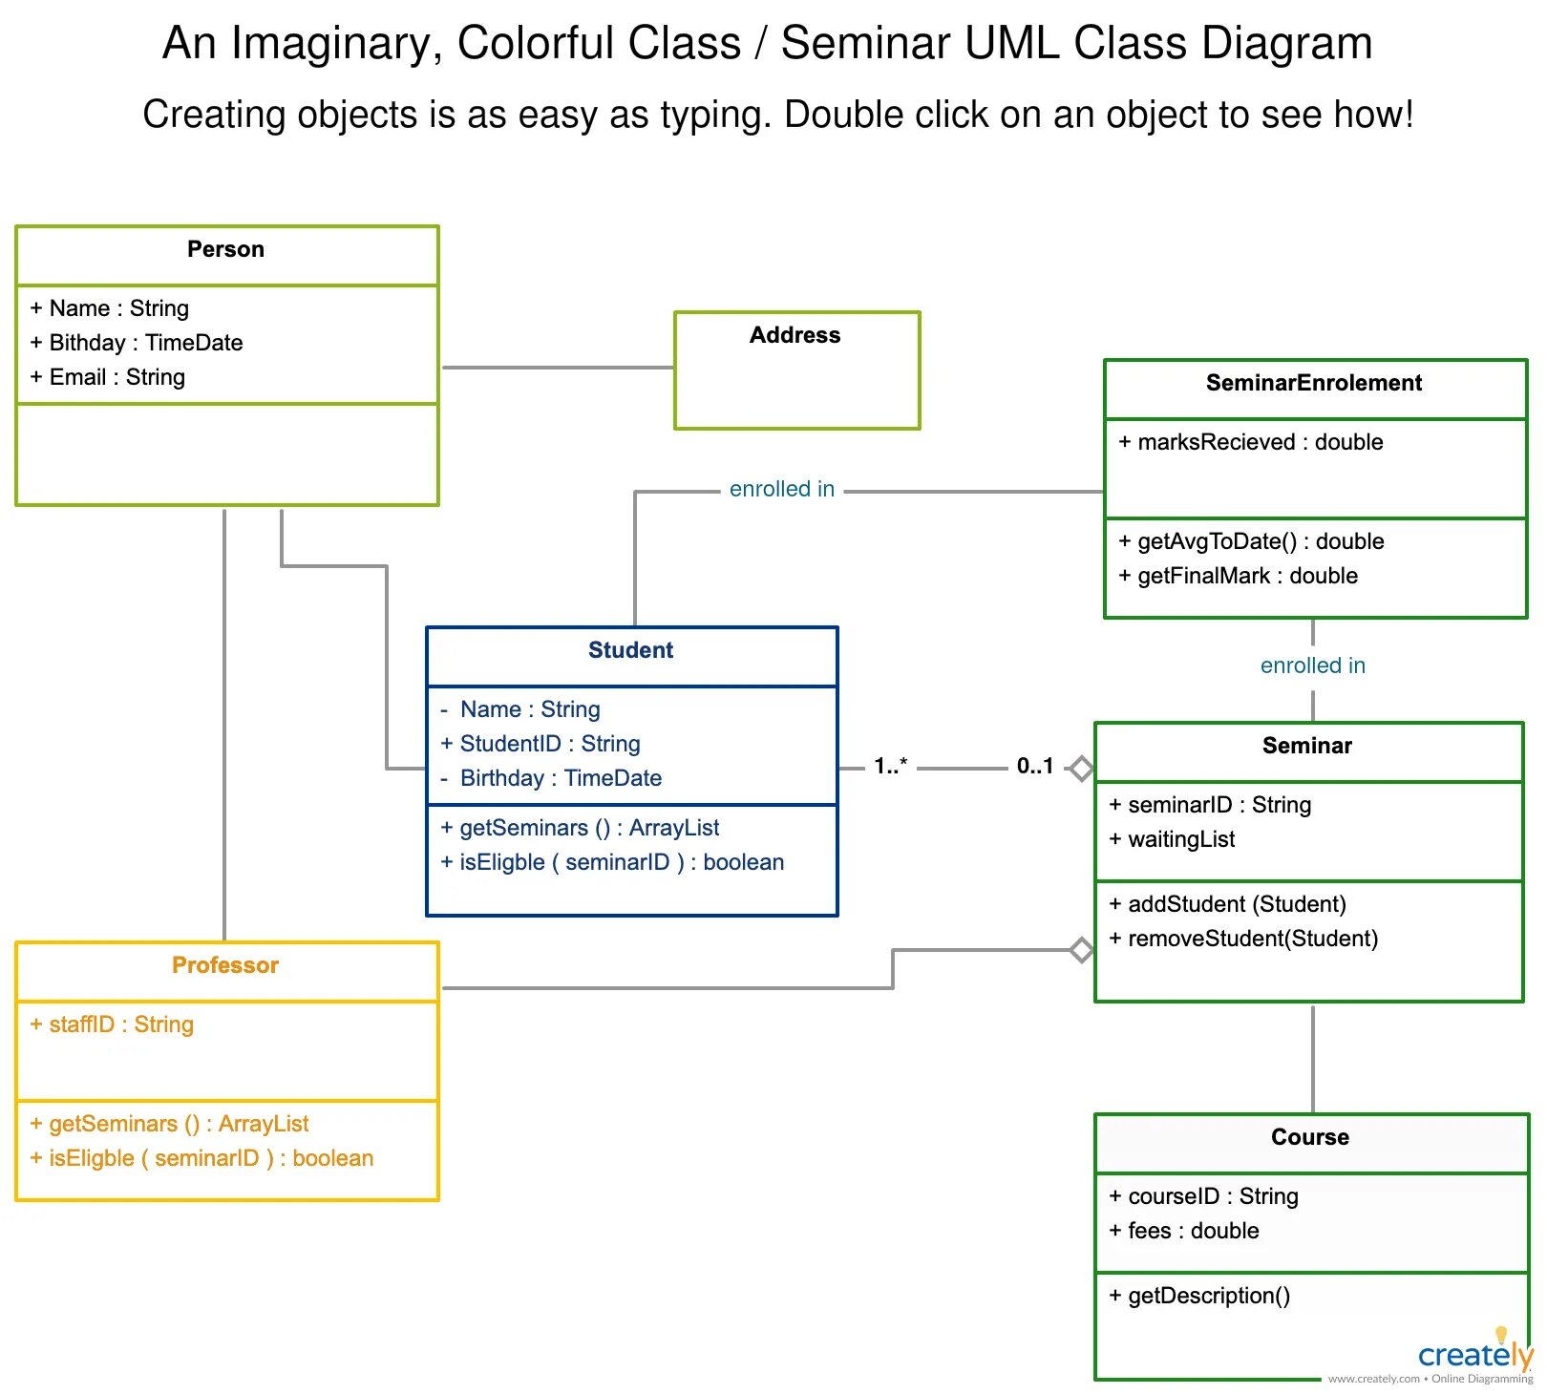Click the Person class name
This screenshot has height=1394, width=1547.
click(x=225, y=250)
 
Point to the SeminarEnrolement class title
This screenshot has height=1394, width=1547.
click(x=1313, y=384)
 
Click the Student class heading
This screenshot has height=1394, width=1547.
click(x=630, y=651)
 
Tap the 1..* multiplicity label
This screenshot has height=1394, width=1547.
click(x=890, y=766)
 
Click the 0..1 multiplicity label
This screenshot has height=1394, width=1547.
click(x=1034, y=766)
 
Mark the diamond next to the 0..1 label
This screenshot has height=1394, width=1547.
click(x=1081, y=768)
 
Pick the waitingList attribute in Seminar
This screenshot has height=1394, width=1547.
click(x=1180, y=839)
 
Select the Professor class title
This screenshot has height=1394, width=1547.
click(x=225, y=966)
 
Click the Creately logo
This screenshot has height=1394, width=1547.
click(x=1474, y=1354)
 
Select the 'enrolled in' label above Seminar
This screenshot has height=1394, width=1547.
click(x=1312, y=666)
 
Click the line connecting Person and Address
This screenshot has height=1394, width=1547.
click(x=558, y=368)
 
